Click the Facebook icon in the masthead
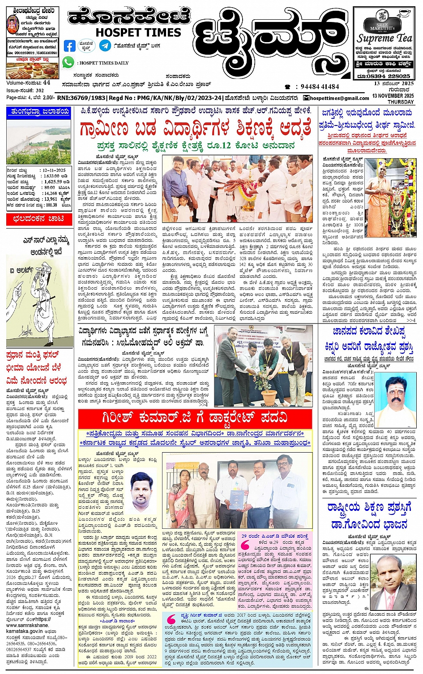pyautogui.click(x=70, y=46)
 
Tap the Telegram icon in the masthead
pyautogui.click(x=105, y=46)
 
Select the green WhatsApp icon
pyautogui.click(x=68, y=62)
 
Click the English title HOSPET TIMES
pyautogui.click(x=138, y=32)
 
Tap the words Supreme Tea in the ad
pyautogui.click(x=388, y=38)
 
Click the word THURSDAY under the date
pyautogui.click(x=401, y=102)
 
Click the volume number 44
pyautogui.click(x=47, y=83)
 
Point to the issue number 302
pyautogui.click(x=40, y=90)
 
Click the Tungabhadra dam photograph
pyautogui.click(x=38, y=142)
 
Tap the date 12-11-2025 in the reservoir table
pyautogui.click(x=54, y=170)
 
